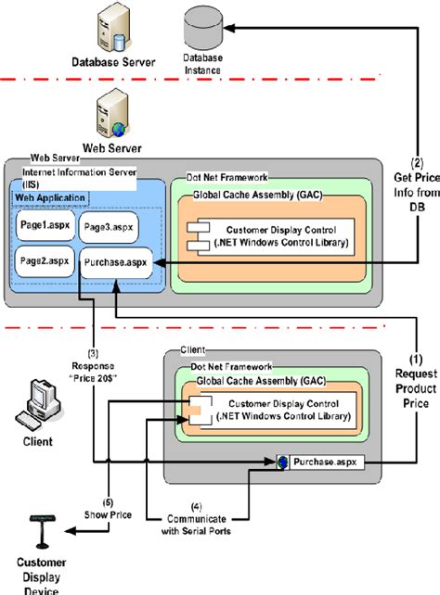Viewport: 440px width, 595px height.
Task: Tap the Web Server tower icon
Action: tap(109, 116)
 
